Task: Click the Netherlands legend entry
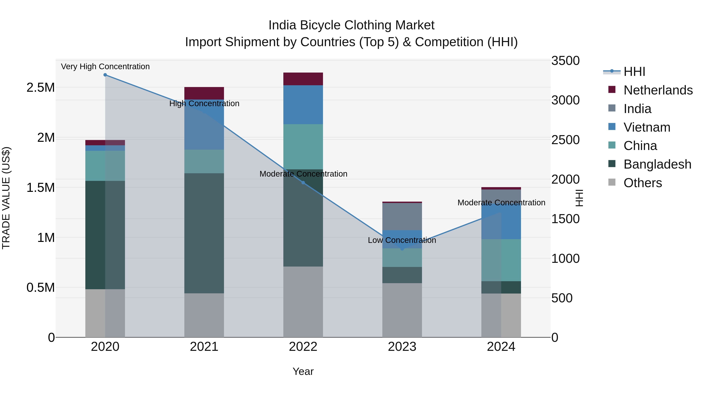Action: pyautogui.click(x=658, y=90)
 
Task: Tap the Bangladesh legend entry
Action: pyautogui.click(x=657, y=164)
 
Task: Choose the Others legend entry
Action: pyautogui.click(x=642, y=183)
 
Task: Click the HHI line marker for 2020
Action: pyautogui.click(x=105, y=75)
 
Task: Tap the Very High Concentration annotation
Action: pyautogui.click(x=105, y=66)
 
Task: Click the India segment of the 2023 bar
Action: pyautogui.click(x=402, y=216)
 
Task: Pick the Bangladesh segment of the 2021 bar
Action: pyautogui.click(x=204, y=233)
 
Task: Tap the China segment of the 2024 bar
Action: pyautogui.click(x=501, y=260)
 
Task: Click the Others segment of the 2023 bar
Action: pyautogui.click(x=402, y=310)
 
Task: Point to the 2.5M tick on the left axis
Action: pyautogui.click(x=40, y=88)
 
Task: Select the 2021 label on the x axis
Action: pyautogui.click(x=204, y=347)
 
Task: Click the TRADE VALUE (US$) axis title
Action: pyautogui.click(x=6, y=198)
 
